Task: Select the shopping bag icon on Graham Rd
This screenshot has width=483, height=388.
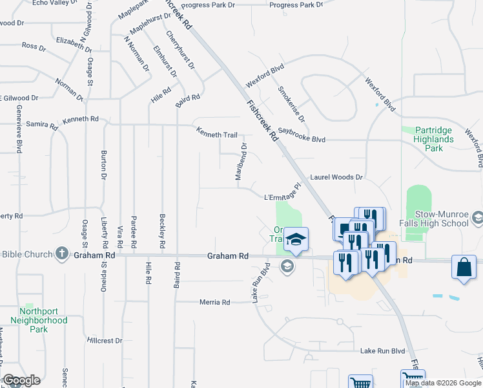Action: (464, 268)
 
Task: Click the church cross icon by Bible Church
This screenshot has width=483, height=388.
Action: (62, 253)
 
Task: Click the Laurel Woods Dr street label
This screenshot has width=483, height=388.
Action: (337, 177)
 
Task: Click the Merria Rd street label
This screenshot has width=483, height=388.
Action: (215, 302)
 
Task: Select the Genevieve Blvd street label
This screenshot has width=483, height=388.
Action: (19, 129)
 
